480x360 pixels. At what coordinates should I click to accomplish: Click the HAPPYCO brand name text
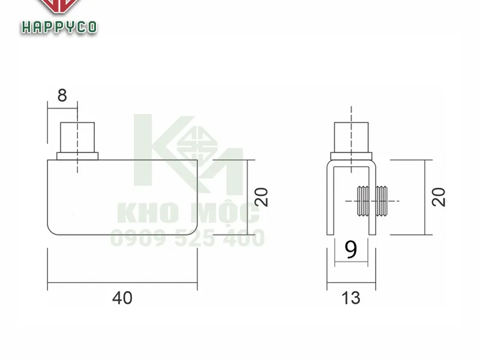[x=59, y=28]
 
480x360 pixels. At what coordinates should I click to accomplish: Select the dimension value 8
[x=62, y=95]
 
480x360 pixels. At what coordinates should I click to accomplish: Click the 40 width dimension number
[x=122, y=297]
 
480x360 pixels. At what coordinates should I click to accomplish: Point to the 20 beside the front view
[x=262, y=197]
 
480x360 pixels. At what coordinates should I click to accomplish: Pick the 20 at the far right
[x=440, y=197]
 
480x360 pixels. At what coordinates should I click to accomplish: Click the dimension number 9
[x=351, y=249]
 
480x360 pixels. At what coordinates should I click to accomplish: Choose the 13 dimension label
[x=351, y=297]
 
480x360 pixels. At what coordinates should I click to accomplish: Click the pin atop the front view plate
[x=78, y=137]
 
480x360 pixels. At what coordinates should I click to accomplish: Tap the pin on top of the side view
[x=351, y=137]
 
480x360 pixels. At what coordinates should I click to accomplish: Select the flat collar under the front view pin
[x=77, y=157]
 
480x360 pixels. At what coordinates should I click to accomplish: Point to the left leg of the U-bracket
[x=329, y=198]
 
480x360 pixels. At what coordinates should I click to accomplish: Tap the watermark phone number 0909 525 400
[x=187, y=239]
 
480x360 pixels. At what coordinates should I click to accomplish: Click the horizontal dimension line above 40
[x=122, y=283]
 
